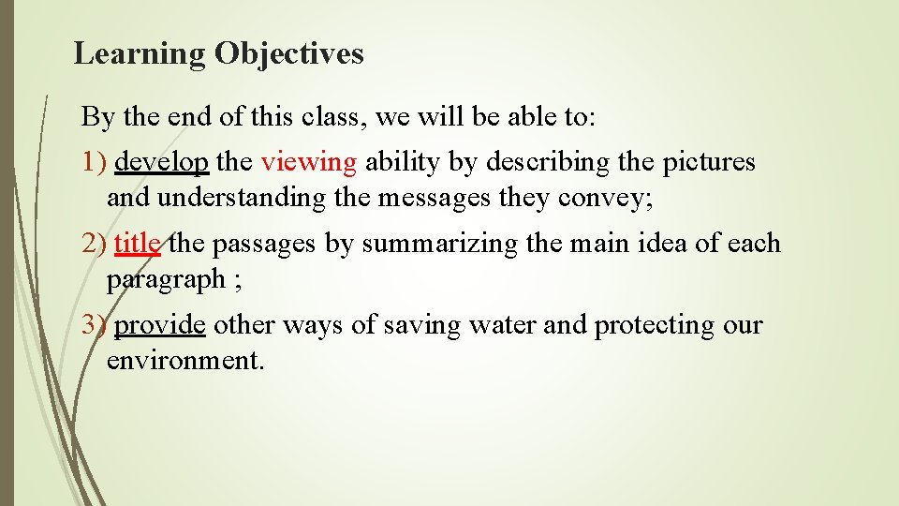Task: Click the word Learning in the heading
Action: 140,54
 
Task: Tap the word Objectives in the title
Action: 288,54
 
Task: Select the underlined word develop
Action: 161,162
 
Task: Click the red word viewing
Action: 309,162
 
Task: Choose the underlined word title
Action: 137,244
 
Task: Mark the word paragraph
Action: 166,279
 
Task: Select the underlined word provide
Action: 160,325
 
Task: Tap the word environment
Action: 185,361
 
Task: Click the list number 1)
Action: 95,162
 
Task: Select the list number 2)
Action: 95,244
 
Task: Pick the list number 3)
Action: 95,325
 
